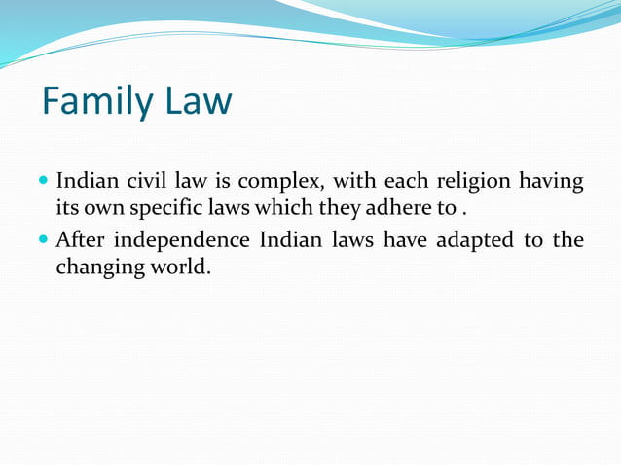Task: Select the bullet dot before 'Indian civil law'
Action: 46,181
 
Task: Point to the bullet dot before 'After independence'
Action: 46,239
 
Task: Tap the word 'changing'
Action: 94,267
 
